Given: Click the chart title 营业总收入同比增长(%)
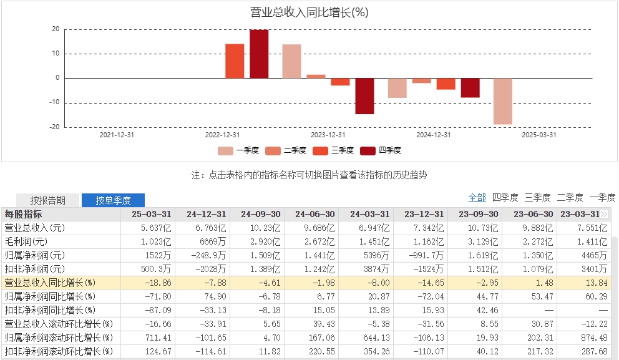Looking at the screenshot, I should pos(309,12).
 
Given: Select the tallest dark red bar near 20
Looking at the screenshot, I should pos(259,54).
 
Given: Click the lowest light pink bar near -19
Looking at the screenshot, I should pos(502,101).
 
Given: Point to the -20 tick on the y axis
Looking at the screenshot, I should pos(56,127).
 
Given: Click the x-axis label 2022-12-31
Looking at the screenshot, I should pos(223,134).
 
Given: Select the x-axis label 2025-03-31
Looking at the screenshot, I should pos(539,134).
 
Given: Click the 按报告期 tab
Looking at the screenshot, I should pos(48,200).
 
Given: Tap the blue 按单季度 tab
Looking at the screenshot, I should pos(113,200).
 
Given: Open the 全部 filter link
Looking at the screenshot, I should pos(477,197).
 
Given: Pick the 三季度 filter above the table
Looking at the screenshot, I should pos(537,197).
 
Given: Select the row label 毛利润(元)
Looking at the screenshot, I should pos(26,241).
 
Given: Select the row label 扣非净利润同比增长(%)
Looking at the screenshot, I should pos(50,310).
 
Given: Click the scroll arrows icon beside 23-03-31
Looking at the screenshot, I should pos(604,214).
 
